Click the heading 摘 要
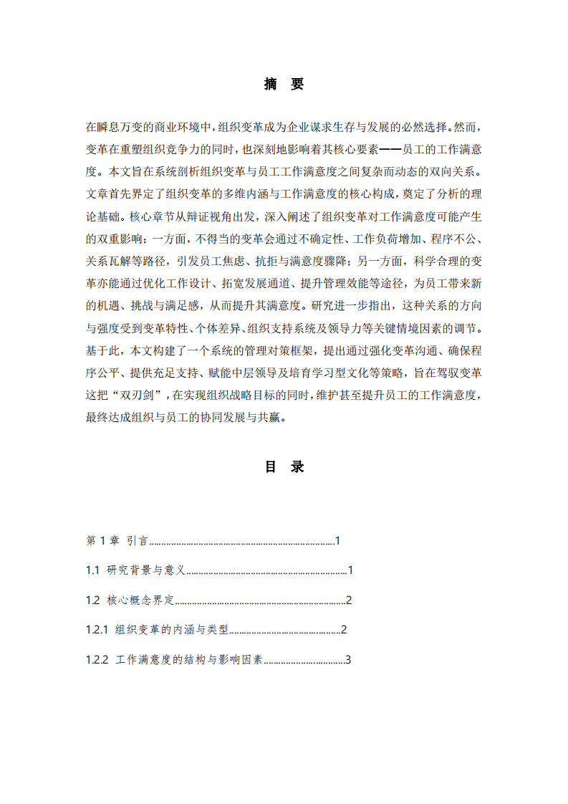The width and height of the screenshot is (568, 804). click(284, 85)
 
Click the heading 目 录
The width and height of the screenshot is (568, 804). click(284, 466)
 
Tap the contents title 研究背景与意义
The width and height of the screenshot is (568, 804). click(146, 570)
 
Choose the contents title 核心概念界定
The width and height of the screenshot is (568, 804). click(140, 600)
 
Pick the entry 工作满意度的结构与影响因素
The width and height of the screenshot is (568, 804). click(189, 660)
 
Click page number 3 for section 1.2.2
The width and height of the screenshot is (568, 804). click(348, 660)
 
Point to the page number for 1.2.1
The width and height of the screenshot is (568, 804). click(344, 630)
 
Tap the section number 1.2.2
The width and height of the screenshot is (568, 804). click(96, 660)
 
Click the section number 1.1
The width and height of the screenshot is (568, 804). click(92, 570)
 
